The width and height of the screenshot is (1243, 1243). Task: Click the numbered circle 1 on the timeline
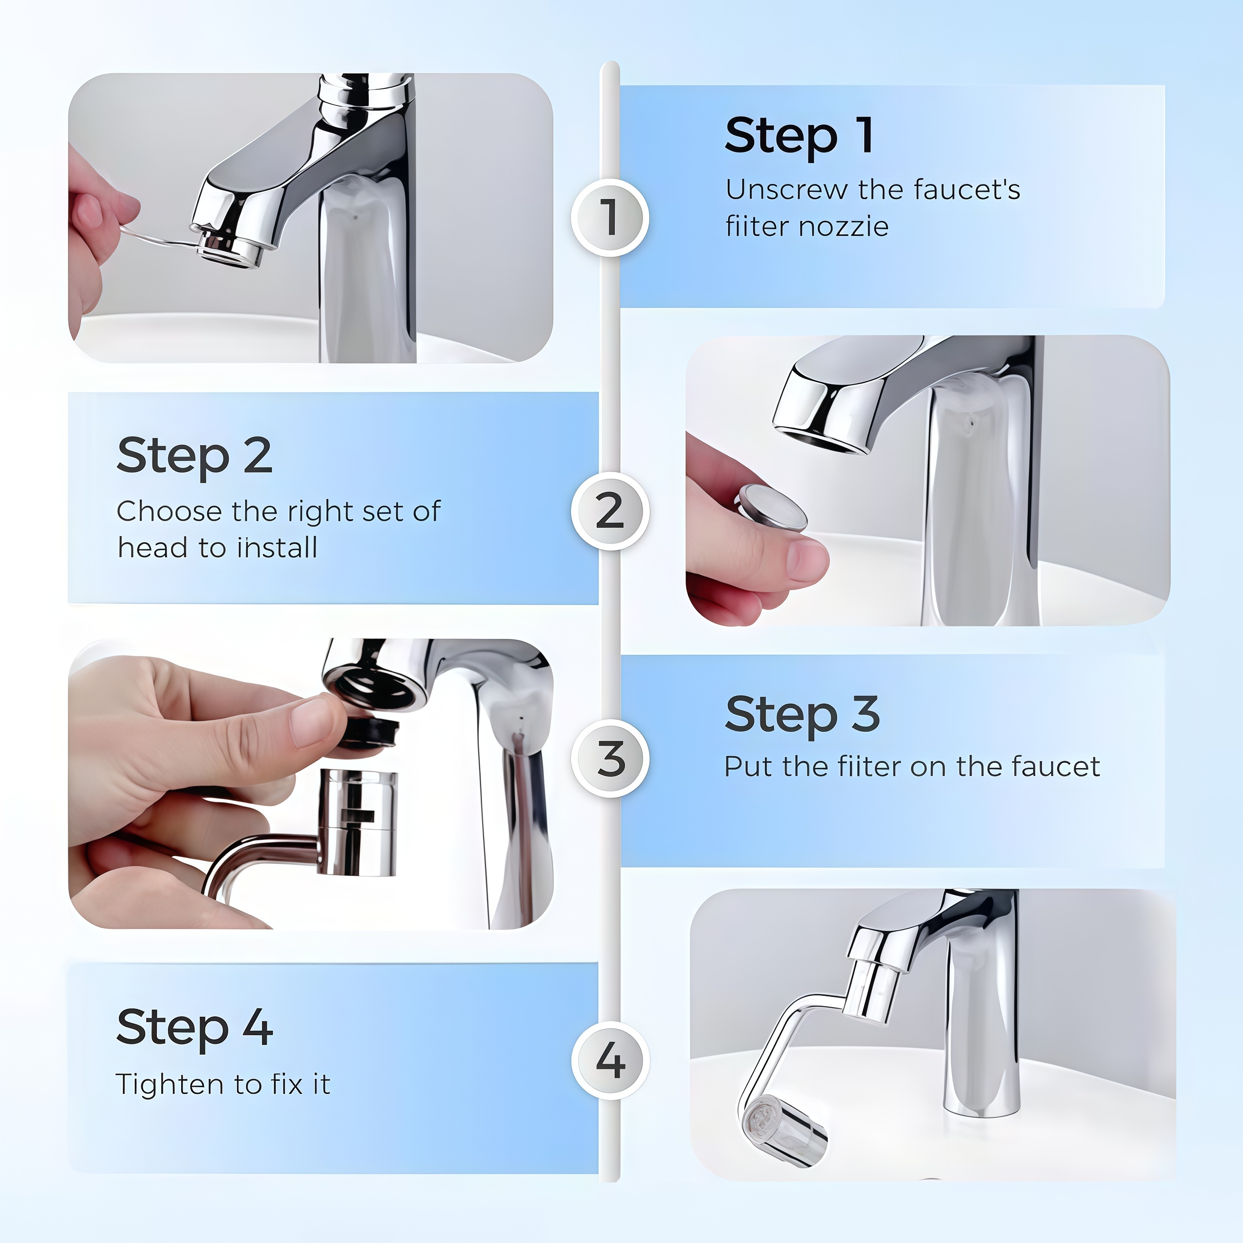coord(609,218)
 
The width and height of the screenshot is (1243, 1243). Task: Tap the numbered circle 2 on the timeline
coord(609,511)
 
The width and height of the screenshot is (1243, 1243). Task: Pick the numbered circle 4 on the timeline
coord(609,1060)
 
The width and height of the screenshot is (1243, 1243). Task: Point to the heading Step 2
coord(194,455)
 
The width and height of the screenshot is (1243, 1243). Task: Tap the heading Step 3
coord(802,714)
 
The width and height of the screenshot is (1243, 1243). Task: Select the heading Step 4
coord(194,1027)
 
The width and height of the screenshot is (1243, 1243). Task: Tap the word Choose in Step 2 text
coord(169,511)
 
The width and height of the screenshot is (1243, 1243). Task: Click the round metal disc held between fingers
coord(772,508)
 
